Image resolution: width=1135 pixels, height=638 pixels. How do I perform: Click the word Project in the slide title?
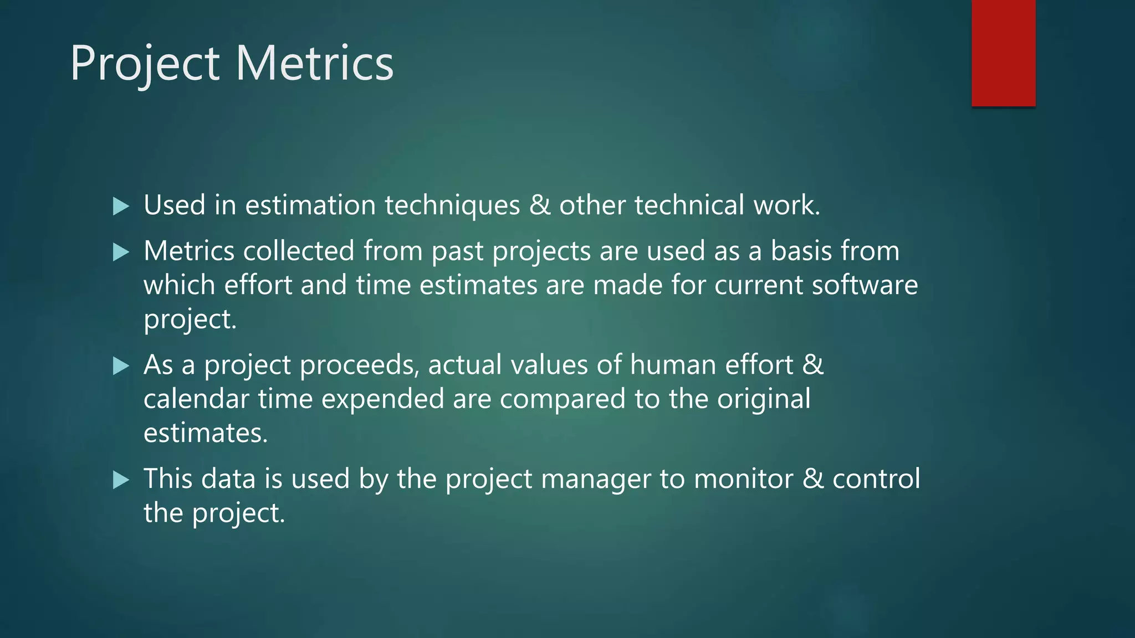tap(145, 64)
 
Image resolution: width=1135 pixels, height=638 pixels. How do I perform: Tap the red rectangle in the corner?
tap(1003, 53)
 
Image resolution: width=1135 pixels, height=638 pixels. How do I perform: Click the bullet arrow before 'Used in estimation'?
tap(120, 207)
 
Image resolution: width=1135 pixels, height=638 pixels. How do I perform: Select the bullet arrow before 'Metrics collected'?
tap(120, 253)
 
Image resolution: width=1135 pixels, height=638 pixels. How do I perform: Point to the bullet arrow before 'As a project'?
tap(120, 366)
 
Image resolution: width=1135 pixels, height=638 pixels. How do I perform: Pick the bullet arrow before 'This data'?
tap(120, 480)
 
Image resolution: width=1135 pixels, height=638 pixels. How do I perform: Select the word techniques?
tap(452, 205)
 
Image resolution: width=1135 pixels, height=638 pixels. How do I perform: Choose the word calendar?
tap(196, 399)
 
